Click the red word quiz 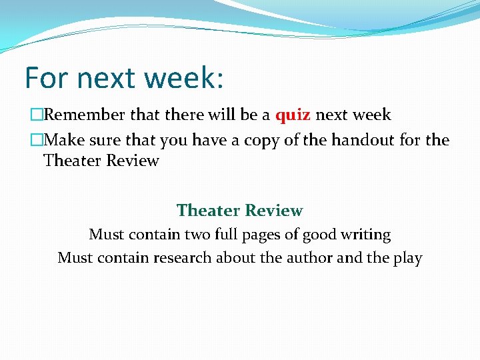[x=293, y=115]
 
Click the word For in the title [x=48, y=78]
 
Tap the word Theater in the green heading [x=208, y=211]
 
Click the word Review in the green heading [x=273, y=211]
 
